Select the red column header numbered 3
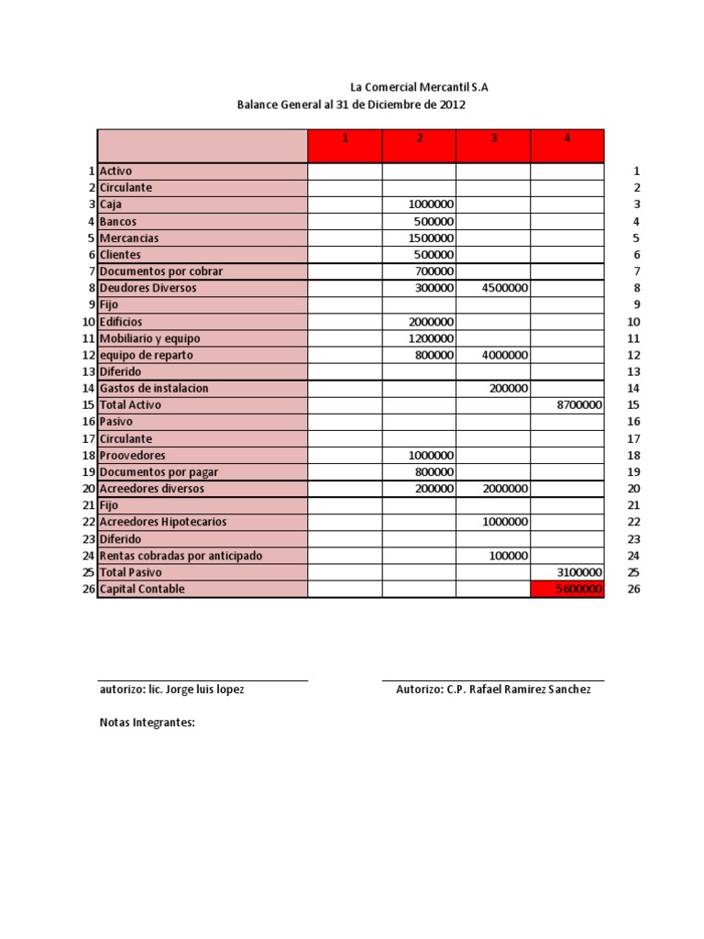click(493, 138)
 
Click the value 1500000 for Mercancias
click(431, 238)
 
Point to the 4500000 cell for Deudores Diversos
click(504, 288)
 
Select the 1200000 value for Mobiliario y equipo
click(431, 338)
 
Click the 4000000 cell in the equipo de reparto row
click(504, 355)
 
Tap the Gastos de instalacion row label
click(154, 388)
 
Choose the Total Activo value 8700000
click(579, 404)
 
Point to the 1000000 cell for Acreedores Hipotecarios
click(504, 522)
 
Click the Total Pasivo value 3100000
click(579, 572)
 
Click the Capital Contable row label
click(142, 589)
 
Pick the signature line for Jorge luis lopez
click(203, 681)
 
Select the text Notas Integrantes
click(148, 723)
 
